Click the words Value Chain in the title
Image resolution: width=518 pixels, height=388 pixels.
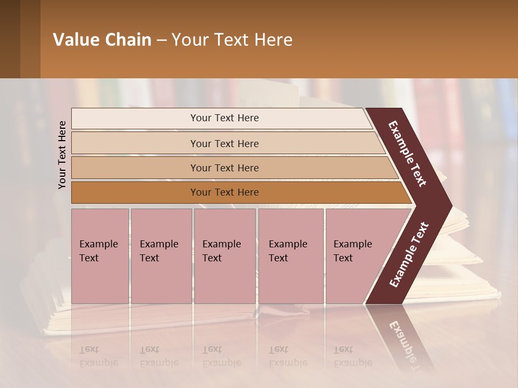tap(102, 40)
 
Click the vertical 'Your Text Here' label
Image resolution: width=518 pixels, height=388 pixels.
tap(62, 155)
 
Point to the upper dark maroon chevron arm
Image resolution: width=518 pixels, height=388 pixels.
tap(408, 154)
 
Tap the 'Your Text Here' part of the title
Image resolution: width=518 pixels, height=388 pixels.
tap(232, 40)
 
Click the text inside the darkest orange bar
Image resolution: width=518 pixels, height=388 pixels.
tap(224, 192)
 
